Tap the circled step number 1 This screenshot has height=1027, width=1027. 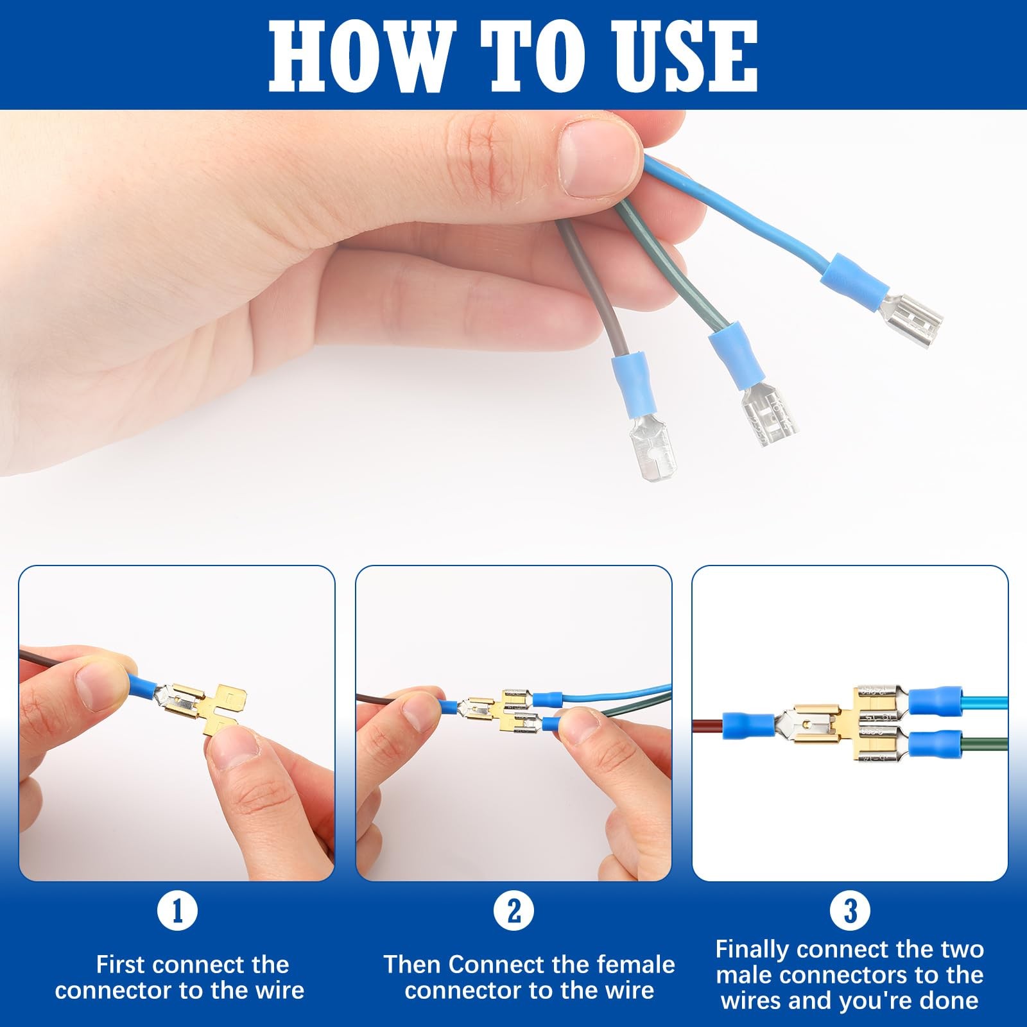click(x=177, y=910)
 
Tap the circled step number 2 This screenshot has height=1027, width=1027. click(x=513, y=910)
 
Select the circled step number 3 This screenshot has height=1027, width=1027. click(x=850, y=910)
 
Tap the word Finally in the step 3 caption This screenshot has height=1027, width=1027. click(x=752, y=950)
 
